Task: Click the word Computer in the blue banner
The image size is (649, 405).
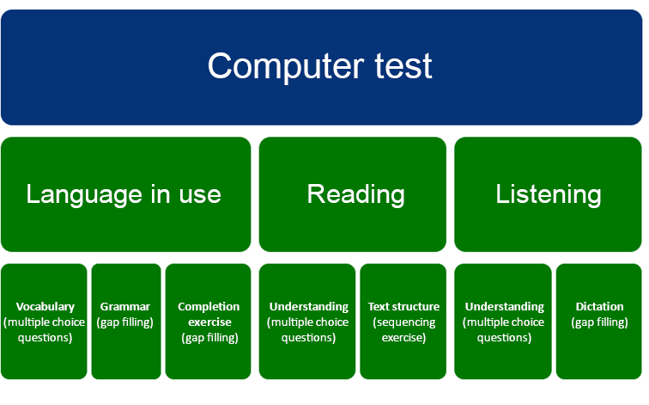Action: coord(286,66)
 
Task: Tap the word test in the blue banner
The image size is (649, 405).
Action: coord(403,66)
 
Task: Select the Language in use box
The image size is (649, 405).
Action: coord(126,194)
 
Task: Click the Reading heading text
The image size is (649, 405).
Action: coord(356,194)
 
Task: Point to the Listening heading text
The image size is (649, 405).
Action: coord(549,194)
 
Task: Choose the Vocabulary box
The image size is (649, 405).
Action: coord(44,322)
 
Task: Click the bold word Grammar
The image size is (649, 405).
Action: coord(125,307)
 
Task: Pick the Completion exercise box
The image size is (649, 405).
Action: coord(209,322)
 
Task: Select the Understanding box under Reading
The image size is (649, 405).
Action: coord(307,322)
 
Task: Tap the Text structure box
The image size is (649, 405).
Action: coord(403,322)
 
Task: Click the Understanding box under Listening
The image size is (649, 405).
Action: coord(503,322)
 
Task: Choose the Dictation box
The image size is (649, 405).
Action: coord(599,322)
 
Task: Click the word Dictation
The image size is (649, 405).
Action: coord(599,307)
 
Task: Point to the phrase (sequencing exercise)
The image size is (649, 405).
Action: coord(404,330)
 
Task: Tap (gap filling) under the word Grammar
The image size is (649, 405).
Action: coord(125,322)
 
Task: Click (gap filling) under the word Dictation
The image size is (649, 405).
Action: coord(599,322)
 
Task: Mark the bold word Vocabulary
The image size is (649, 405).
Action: coord(45,307)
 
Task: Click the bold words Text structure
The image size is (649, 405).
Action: coord(403,307)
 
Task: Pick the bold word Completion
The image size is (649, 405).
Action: coord(209,307)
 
